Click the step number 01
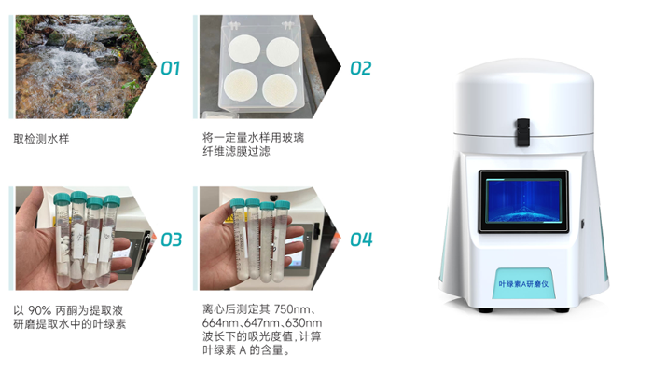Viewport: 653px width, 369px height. [x=171, y=68]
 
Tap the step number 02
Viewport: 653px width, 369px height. [x=361, y=68]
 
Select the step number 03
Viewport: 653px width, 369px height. [x=171, y=239]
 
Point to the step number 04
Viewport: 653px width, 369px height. [x=361, y=239]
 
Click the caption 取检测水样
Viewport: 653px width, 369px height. [x=41, y=139]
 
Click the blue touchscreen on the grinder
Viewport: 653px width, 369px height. [x=523, y=201]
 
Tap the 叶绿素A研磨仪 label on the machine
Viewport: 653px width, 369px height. [x=523, y=284]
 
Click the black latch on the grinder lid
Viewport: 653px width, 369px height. [x=522, y=132]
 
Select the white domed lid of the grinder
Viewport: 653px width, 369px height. [x=524, y=98]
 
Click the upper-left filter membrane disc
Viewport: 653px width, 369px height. [x=244, y=49]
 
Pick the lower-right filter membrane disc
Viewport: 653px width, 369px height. [x=280, y=89]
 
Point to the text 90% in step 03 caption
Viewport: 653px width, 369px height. [x=39, y=310]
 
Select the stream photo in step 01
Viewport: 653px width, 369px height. [x=81, y=67]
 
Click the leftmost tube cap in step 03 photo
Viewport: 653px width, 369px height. [x=63, y=199]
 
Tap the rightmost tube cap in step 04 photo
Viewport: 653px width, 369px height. [x=283, y=205]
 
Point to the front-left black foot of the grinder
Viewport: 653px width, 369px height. [x=485, y=310]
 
